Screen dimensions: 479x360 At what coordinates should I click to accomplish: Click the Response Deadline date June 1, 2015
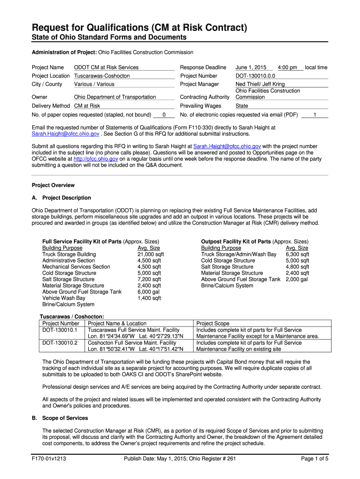(x=251, y=68)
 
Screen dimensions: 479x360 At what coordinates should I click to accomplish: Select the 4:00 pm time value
(x=287, y=68)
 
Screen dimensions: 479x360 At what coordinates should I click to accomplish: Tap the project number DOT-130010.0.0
(x=255, y=76)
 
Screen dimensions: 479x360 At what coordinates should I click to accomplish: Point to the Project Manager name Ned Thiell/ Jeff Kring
(x=260, y=84)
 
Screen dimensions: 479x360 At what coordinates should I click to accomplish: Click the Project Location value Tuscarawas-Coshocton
(x=102, y=76)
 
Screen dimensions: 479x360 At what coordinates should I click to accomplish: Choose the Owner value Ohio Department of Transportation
(x=115, y=97)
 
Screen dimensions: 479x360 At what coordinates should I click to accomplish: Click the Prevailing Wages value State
(x=242, y=106)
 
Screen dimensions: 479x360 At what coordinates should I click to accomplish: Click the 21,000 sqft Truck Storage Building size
(x=151, y=254)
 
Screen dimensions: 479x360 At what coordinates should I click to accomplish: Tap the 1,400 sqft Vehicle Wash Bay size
(x=149, y=298)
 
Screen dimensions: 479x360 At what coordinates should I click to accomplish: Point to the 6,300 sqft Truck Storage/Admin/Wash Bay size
(x=297, y=254)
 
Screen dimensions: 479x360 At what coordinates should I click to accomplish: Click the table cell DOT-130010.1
(x=60, y=330)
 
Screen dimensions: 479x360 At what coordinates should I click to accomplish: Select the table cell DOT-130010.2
(x=60, y=343)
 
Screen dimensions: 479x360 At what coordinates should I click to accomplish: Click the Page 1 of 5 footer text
(x=315, y=459)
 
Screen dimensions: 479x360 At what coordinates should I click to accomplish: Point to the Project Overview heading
(x=53, y=185)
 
